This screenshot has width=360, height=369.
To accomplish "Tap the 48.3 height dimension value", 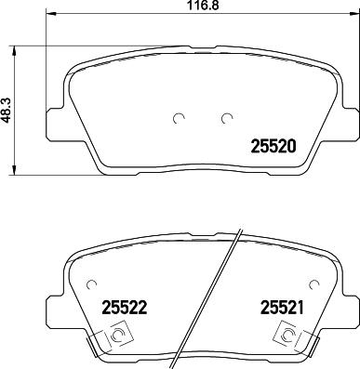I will (x=7, y=109).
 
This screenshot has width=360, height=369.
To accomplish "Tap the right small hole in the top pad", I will (x=225, y=118).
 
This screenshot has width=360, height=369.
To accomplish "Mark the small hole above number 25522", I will (x=90, y=285).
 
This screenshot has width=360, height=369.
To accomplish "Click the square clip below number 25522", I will (x=118, y=336).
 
